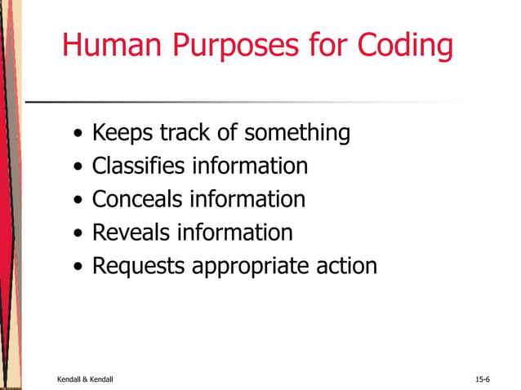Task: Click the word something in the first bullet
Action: tap(298, 132)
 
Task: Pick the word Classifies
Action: tap(138, 166)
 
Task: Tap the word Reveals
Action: tap(129, 233)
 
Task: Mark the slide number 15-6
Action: tap(482, 379)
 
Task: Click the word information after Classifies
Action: tap(250, 166)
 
